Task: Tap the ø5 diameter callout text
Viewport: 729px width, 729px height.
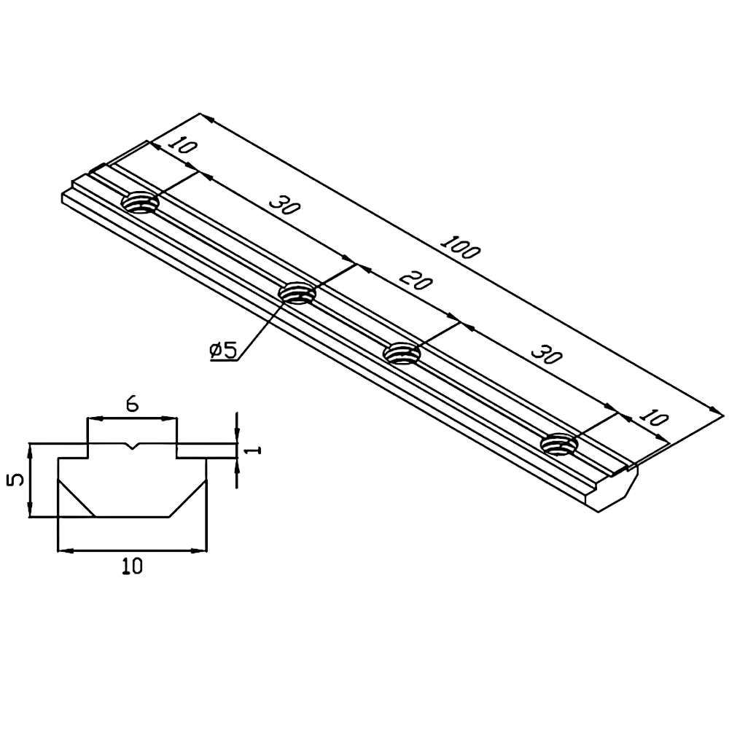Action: [222, 351]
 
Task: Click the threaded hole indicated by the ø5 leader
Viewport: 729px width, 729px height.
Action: [297, 293]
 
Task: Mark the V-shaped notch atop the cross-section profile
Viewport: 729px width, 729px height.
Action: [132, 446]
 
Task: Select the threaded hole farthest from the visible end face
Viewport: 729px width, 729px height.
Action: [141, 202]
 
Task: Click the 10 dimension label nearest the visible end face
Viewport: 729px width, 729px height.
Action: [653, 418]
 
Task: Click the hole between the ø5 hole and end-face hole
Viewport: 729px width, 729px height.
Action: [403, 354]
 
